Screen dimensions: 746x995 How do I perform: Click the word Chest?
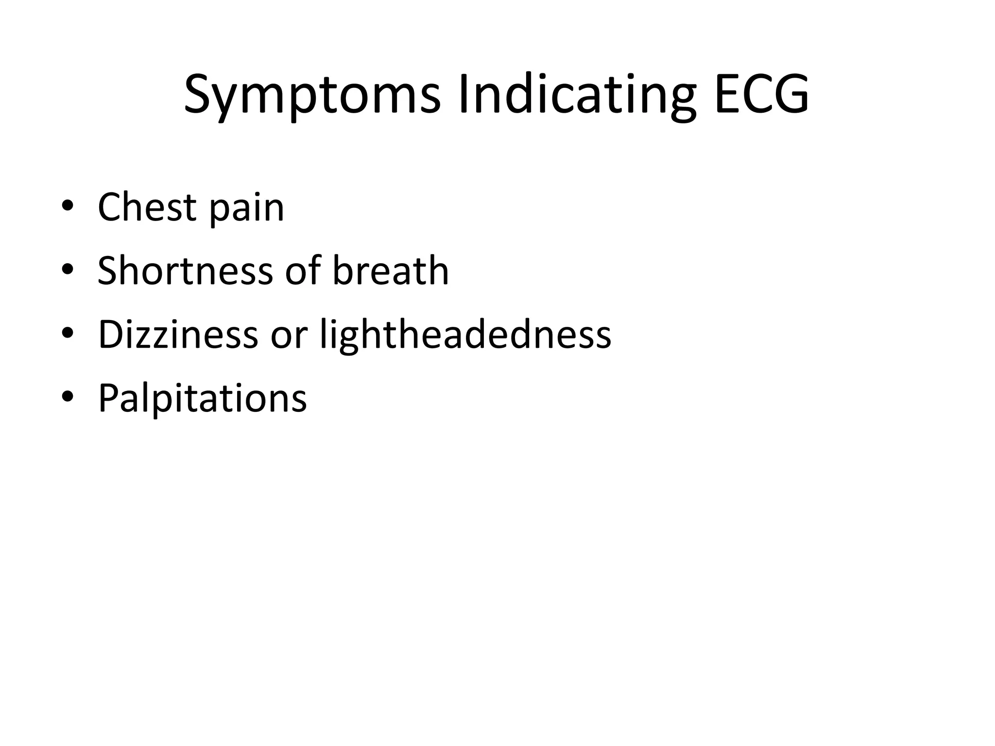(147, 207)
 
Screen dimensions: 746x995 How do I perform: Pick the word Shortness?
(185, 271)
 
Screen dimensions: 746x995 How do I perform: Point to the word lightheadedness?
(465, 335)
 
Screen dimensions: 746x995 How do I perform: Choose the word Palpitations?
(203, 398)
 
